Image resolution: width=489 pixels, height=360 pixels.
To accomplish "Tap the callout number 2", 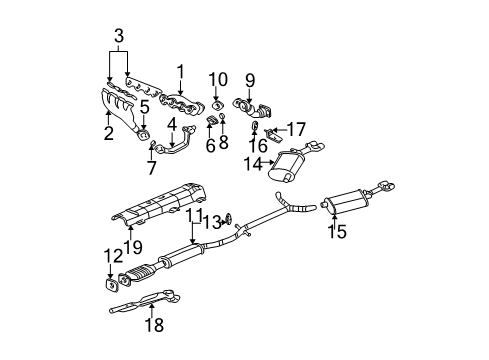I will click(x=108, y=132).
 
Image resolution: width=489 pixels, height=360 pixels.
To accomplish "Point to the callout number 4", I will click(x=172, y=125).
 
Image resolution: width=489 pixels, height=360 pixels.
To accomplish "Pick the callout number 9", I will click(x=250, y=80).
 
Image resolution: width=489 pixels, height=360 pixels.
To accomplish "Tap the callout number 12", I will click(x=110, y=257).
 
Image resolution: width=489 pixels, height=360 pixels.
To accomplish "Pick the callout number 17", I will click(x=295, y=129).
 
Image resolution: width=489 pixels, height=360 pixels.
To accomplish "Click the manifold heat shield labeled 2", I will click(x=120, y=108).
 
